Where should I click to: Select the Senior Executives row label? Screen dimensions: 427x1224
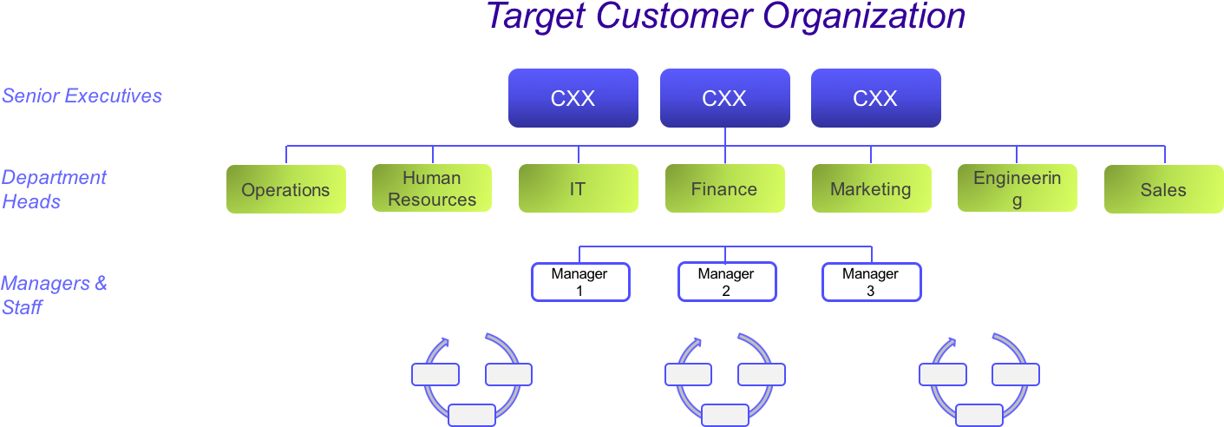82,95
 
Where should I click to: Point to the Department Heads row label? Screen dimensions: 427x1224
54,189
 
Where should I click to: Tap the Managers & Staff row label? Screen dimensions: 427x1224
54,295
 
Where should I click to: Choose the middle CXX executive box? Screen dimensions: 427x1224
724,98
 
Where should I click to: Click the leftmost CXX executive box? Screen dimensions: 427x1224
573,98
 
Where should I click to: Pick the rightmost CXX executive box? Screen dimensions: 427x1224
875,98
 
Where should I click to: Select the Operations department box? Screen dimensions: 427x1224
285,189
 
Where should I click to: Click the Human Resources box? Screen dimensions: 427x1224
432,188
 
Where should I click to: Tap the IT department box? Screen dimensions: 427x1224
578,188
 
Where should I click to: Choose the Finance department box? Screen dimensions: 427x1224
724,188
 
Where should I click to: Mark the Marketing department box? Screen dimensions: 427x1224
871,188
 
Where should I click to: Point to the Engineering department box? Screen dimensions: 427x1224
1017,188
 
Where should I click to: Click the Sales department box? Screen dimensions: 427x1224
1163,189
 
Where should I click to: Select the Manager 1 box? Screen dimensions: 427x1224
579,282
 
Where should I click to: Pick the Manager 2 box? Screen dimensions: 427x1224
726,282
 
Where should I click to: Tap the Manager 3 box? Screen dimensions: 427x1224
871,282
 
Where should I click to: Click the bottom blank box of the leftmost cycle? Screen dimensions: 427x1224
472,415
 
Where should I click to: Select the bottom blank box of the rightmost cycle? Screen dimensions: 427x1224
979,415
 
